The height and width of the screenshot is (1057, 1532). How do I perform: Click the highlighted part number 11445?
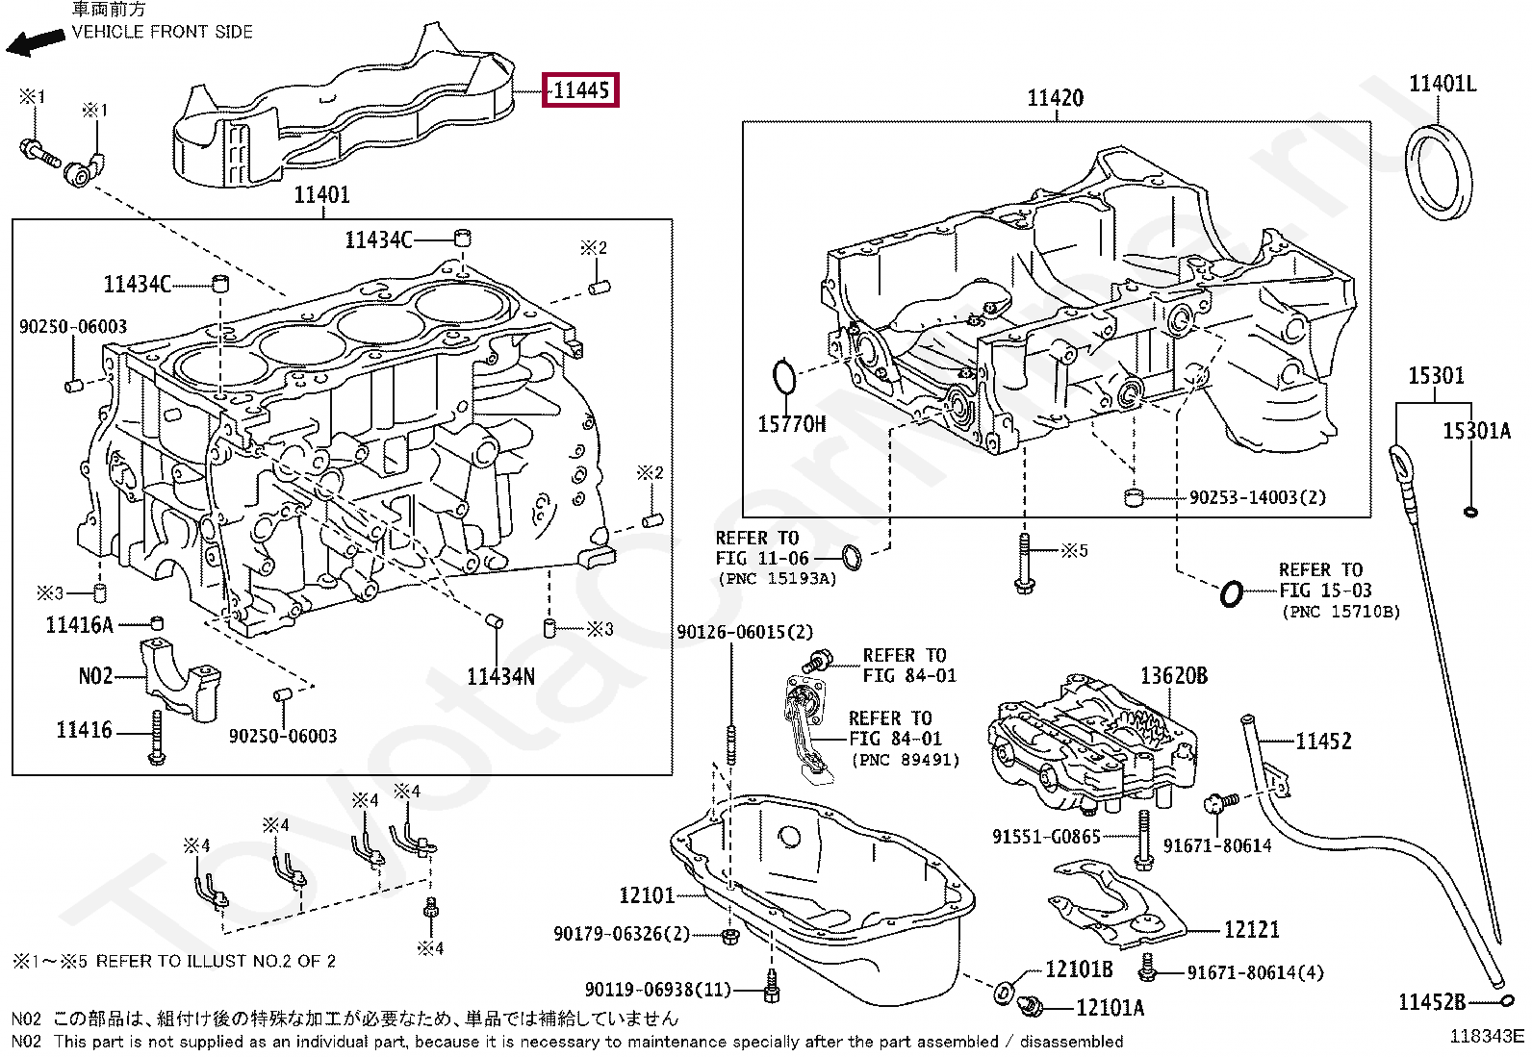pos(580,90)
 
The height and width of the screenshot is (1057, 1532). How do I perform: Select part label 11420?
pos(1055,98)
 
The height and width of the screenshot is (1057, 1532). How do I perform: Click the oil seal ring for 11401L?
pos(1439,171)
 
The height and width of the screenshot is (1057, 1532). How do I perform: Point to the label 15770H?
pos(791,424)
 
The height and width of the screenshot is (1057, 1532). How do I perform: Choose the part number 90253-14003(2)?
pos(1257,497)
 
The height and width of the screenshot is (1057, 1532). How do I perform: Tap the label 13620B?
pos(1173,676)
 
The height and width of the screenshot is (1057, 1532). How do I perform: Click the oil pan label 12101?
pos(647,895)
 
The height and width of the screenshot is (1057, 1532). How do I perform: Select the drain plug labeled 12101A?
pos(1031,1006)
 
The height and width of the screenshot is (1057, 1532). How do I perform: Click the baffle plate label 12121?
pos(1251,929)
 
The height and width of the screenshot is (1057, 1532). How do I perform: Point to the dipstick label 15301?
pos(1436,376)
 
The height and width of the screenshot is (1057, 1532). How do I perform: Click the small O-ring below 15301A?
pos(1469,511)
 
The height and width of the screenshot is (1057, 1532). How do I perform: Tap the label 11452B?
pos(1431,1002)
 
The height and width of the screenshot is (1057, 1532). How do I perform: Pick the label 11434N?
pos(500,677)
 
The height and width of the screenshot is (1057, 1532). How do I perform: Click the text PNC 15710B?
pos(1340,612)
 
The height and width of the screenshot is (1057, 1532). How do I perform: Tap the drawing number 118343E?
pos(1487,1036)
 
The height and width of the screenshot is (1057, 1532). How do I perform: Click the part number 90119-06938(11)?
pos(657,989)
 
